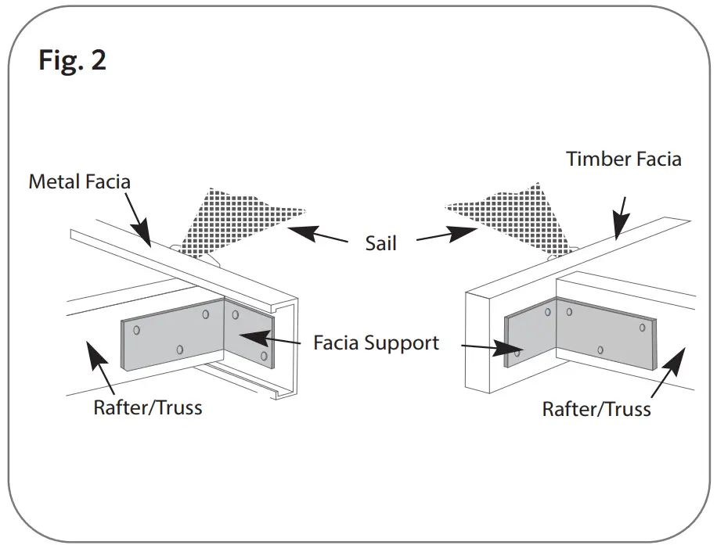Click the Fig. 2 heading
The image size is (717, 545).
click(x=72, y=60)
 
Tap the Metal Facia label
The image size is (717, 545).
click(x=79, y=182)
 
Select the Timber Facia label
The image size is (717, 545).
click(x=624, y=160)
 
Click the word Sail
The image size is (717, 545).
click(x=381, y=243)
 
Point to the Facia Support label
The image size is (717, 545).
click(x=376, y=342)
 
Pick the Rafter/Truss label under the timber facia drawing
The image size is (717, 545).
click(x=596, y=409)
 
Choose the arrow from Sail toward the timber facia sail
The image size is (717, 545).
click(x=447, y=235)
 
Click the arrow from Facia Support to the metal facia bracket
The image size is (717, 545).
click(x=271, y=339)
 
